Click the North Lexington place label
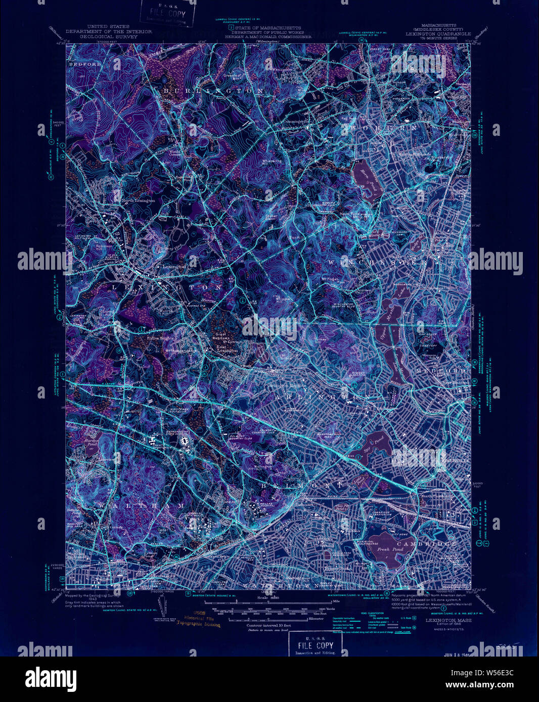pos(138,200)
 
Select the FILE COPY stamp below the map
pos(315,645)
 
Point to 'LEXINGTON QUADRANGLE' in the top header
pos(438,33)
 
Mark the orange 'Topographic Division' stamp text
pos(198,625)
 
